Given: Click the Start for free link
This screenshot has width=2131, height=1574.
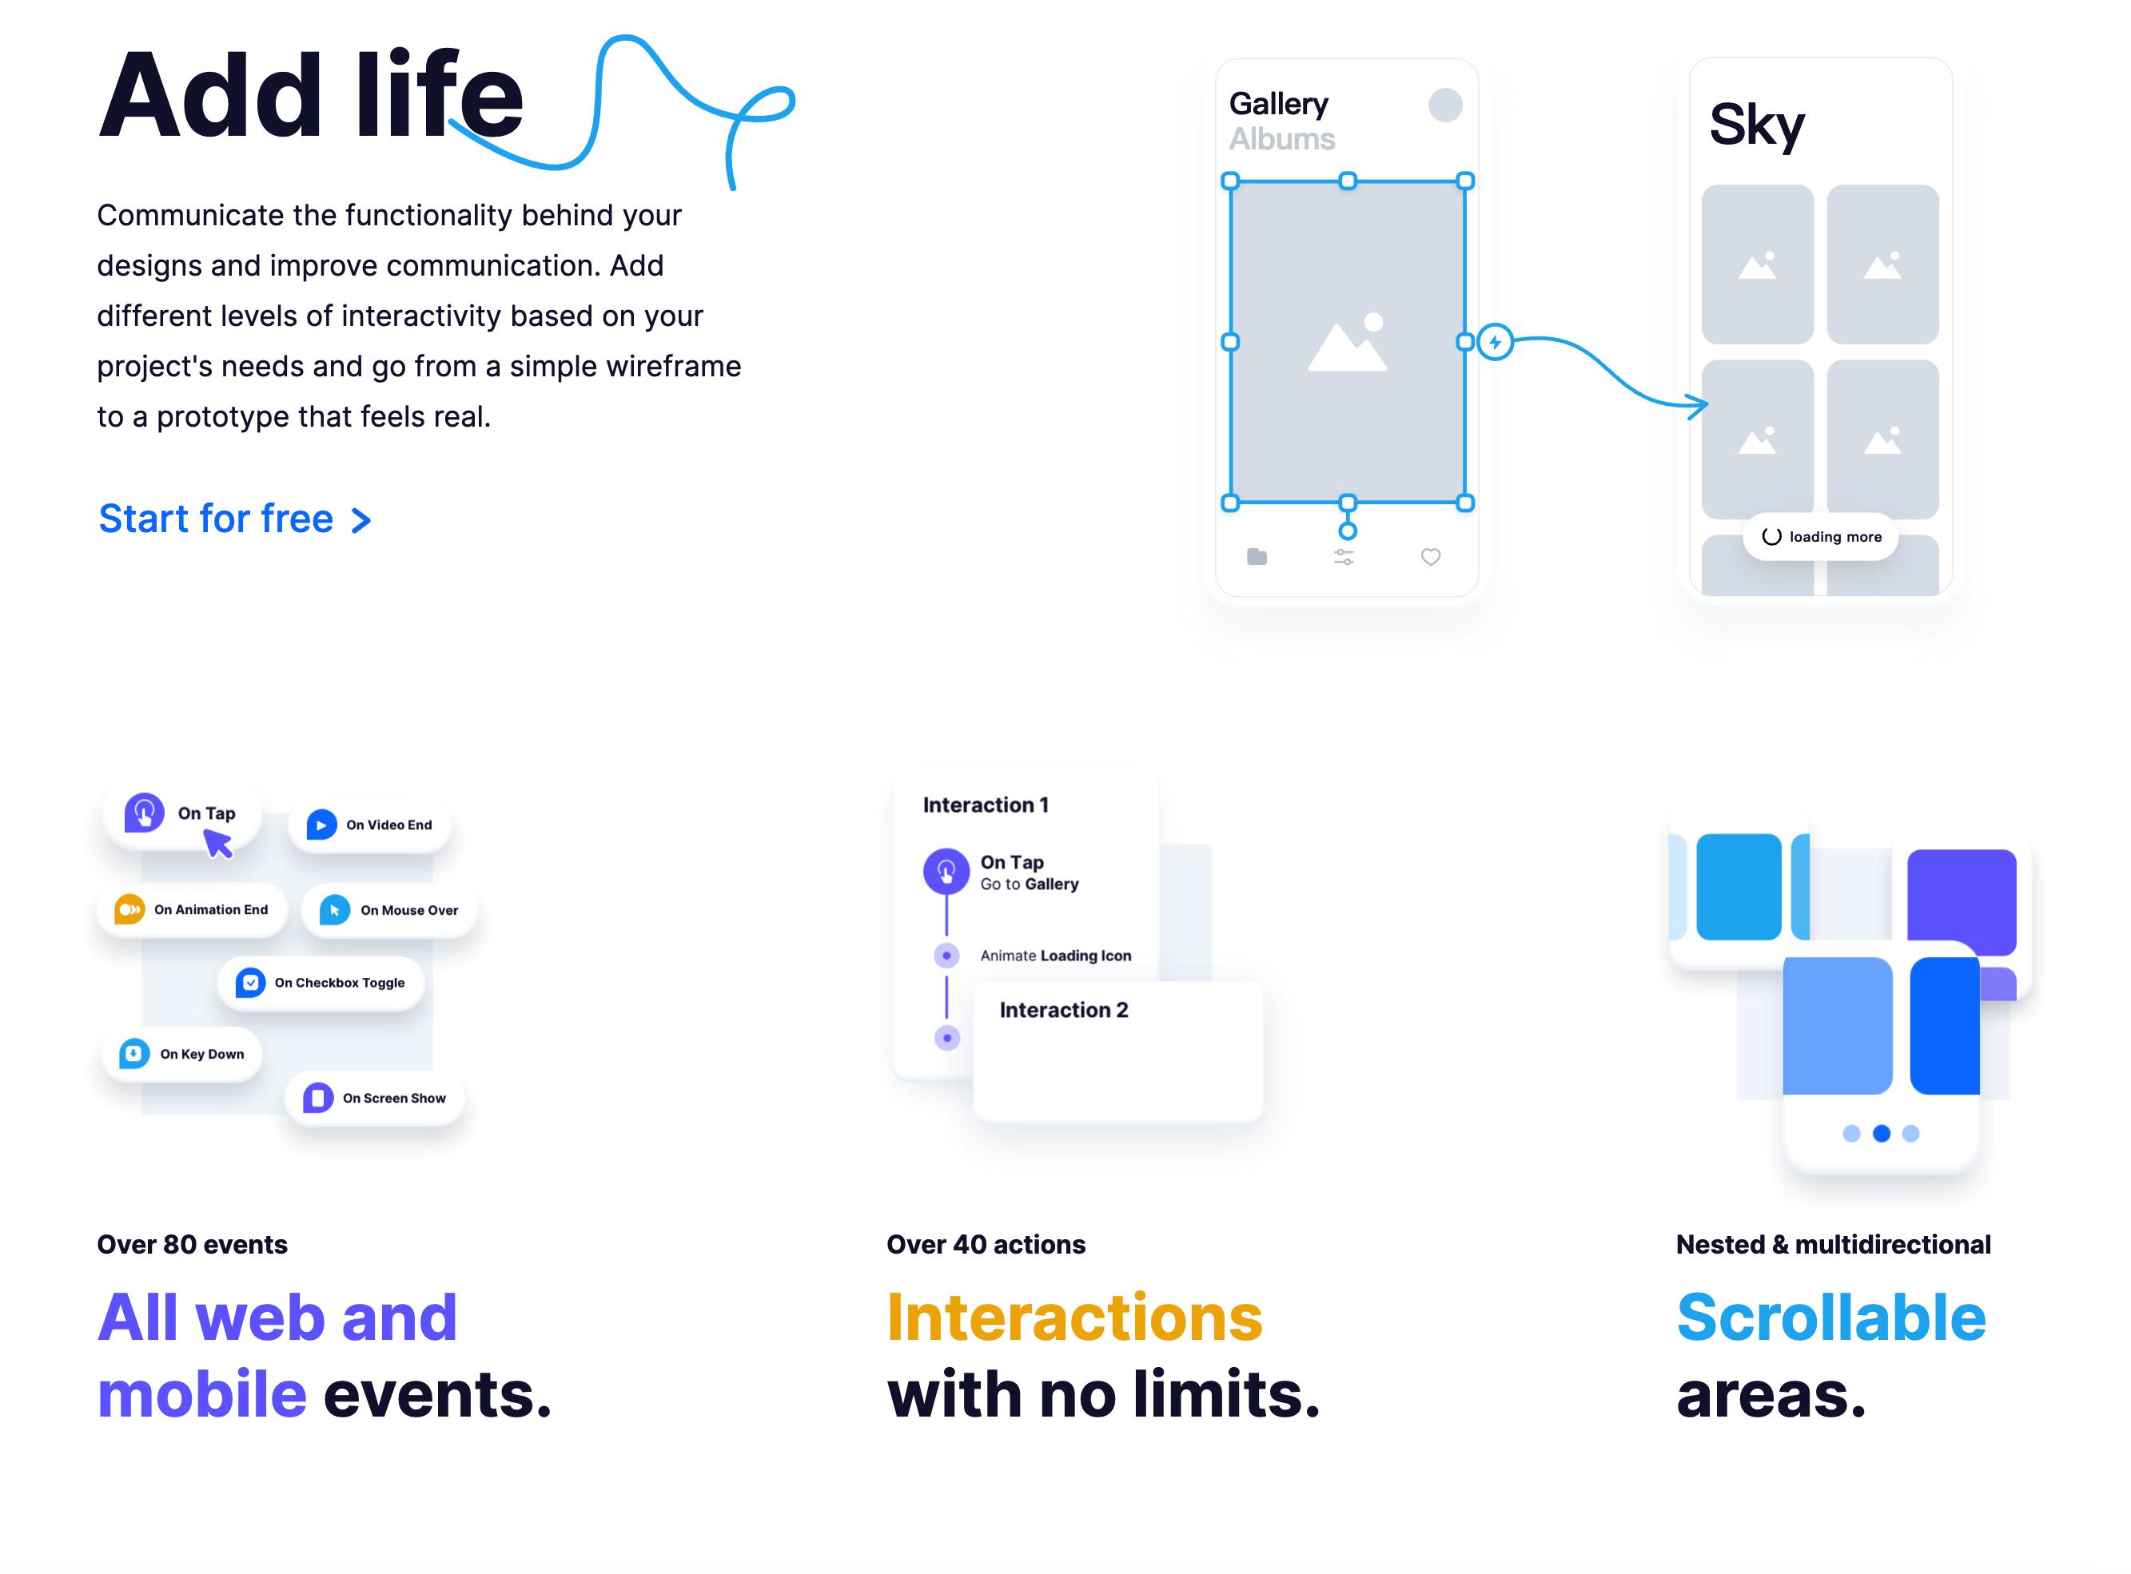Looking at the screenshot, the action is [234, 519].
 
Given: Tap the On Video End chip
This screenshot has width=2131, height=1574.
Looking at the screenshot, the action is [370, 825].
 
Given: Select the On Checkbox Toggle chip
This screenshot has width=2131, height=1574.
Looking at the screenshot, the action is [321, 982].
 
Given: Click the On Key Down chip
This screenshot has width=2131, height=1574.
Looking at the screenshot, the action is [182, 1054].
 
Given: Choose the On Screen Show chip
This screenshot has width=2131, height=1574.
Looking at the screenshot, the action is [375, 1098].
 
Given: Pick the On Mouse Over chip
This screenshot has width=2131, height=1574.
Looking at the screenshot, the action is [388, 910].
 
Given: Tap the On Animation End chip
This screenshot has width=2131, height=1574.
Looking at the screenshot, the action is [192, 910].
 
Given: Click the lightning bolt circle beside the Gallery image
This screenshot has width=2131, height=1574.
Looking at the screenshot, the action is [1495, 342].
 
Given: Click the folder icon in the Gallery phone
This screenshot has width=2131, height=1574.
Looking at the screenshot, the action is [1257, 556].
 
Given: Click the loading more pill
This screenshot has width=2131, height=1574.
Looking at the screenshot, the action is [1820, 536].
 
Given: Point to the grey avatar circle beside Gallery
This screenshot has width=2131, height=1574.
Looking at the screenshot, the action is [1445, 105].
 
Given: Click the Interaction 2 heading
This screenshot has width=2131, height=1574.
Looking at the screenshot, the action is [1064, 1010].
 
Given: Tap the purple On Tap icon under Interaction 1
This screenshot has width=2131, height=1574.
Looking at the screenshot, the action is [946, 870].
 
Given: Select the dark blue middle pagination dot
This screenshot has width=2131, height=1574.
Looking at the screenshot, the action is [1882, 1133].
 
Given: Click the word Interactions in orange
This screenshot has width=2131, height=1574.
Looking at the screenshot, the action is [1074, 1318].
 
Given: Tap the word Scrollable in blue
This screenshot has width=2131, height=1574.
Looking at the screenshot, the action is [1830, 1318].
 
